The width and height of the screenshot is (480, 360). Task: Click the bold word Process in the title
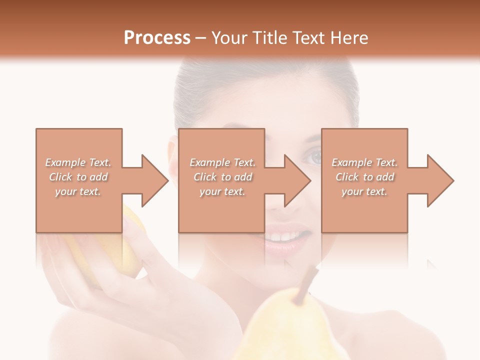coord(157,38)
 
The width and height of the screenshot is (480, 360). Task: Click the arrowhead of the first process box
coord(150,180)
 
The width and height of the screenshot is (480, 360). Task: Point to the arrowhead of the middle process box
coord(292,180)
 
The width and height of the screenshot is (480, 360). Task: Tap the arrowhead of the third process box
coord(435,180)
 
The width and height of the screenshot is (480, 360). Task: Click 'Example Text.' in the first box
coord(78,162)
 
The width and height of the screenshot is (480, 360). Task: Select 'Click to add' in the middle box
coord(222,177)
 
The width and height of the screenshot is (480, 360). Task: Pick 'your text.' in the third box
coord(364,191)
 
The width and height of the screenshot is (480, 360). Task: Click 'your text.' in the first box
coord(78,191)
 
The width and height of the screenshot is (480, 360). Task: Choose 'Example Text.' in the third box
coord(364,162)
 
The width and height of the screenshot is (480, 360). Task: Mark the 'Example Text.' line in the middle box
coord(222,162)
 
